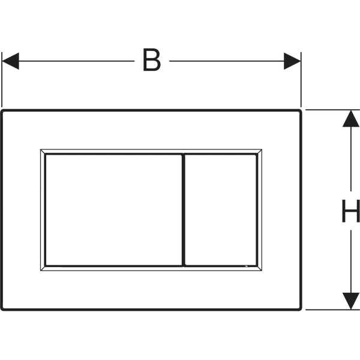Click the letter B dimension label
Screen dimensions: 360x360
[x=152, y=59]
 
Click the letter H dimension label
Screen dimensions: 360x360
[x=350, y=211]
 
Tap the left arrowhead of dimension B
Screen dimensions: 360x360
[x=11, y=61]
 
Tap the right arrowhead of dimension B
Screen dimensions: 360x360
[x=292, y=61]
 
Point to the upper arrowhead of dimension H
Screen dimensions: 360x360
[x=351, y=119]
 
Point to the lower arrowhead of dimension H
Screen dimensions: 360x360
[x=351, y=301]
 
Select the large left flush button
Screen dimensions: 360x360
[x=114, y=210]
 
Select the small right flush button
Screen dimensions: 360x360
[x=221, y=210]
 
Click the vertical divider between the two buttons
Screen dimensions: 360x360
[x=184, y=210]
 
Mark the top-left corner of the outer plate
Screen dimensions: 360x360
[x=2, y=110]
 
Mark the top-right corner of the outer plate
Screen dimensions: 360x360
[x=301, y=110]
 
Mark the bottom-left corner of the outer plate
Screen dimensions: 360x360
[x=2, y=310]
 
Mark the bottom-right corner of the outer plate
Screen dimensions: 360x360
[x=301, y=310]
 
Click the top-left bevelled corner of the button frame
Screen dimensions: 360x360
[x=43, y=152]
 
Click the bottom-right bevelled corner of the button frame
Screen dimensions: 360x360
[x=259, y=268]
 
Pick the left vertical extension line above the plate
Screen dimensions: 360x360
[x=2, y=80]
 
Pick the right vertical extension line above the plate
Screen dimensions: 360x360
[x=301, y=80]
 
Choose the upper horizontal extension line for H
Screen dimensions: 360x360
[x=332, y=110]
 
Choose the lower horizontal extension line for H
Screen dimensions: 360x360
[x=332, y=310]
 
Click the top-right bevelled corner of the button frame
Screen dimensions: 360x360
[x=259, y=152]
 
